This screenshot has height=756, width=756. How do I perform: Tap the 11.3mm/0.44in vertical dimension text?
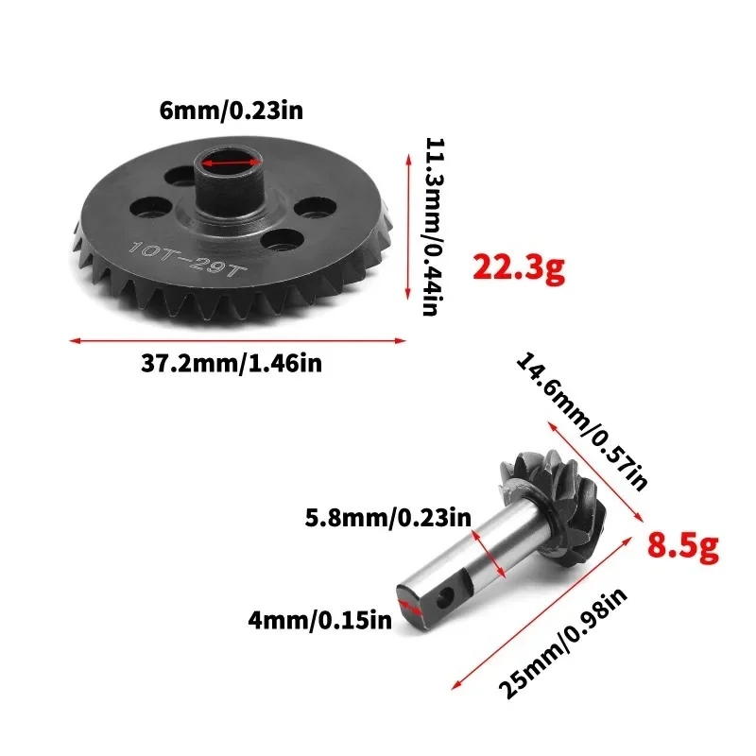tap(434, 227)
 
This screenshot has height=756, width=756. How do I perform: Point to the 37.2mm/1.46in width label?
tap(238, 363)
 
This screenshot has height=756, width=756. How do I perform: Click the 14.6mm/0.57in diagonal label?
tap(580, 421)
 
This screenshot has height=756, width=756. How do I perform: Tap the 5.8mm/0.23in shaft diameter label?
tap(387, 518)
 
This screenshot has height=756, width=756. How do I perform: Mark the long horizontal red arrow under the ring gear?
tap(237, 339)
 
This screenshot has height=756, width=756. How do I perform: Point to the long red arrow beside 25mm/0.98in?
tap(543, 610)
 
